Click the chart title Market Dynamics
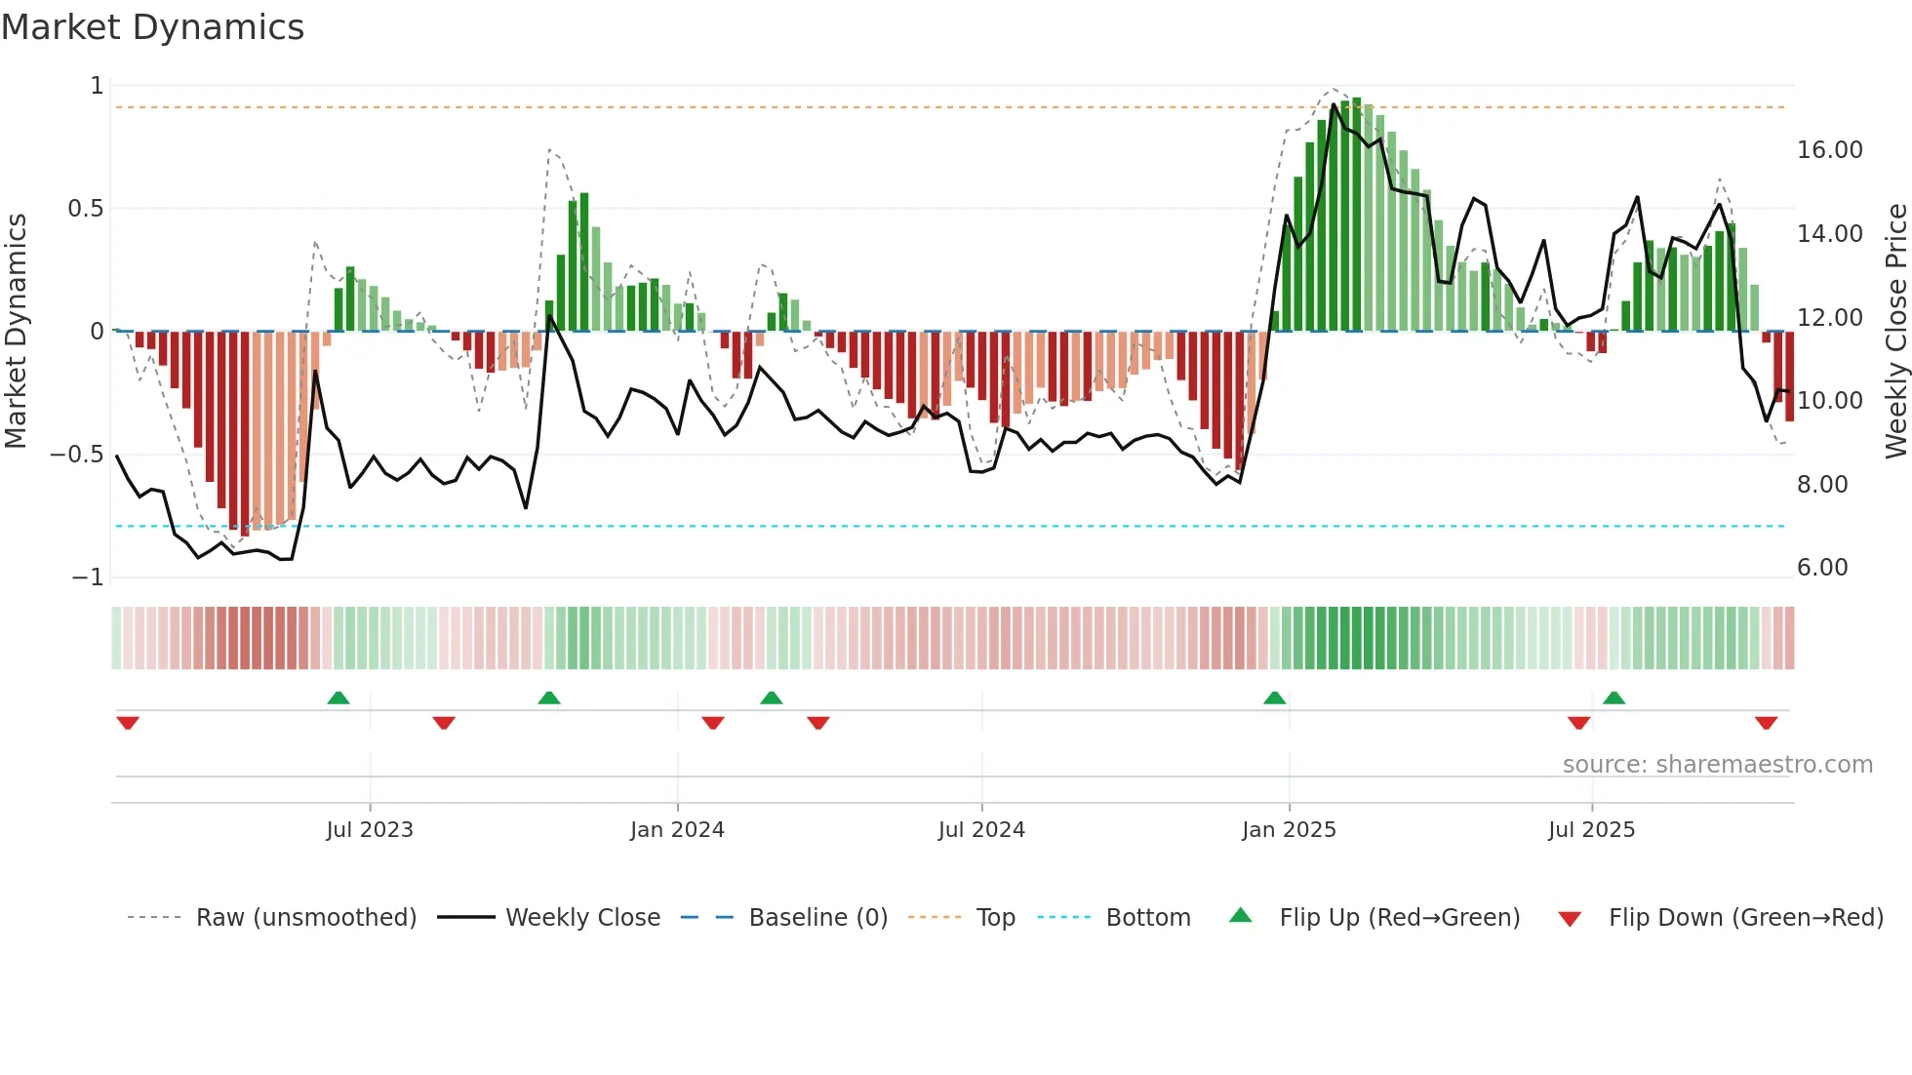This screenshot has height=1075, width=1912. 152,27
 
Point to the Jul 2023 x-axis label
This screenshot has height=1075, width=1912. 370,830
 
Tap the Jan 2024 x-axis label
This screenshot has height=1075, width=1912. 677,830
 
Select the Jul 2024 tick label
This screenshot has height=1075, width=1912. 981,830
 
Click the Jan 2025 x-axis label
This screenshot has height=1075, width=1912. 1289,830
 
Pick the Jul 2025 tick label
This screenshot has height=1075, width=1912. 1591,830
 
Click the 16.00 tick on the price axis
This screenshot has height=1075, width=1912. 1829,150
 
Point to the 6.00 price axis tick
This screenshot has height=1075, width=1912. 1822,568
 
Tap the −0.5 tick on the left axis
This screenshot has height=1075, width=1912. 76,455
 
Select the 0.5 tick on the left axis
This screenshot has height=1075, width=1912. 85,209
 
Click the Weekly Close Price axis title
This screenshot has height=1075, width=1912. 1895,331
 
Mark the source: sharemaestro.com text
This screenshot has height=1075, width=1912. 1717,765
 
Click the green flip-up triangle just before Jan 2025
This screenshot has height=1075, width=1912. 1274,697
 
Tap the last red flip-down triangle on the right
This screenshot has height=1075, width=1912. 1766,723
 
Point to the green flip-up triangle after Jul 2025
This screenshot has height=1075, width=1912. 1613,697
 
